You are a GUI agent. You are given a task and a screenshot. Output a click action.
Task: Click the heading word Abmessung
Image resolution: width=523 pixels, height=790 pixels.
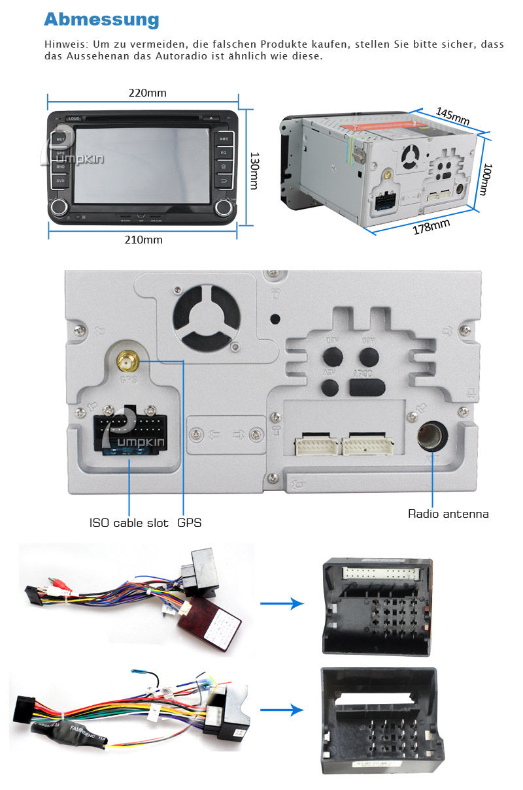pyautogui.click(x=101, y=19)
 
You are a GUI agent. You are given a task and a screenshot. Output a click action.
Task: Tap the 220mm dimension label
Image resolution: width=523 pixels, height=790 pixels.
pyautogui.click(x=147, y=93)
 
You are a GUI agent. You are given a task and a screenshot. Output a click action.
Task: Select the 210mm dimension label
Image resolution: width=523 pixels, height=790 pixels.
pyautogui.click(x=143, y=240)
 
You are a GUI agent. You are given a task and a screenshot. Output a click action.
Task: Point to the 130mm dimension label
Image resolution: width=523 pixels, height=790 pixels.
pyautogui.click(x=254, y=171)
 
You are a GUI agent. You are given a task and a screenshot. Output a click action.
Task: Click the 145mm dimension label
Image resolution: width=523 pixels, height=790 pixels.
pyautogui.click(x=452, y=117)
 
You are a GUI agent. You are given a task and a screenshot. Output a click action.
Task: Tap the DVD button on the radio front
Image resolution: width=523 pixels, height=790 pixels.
pyautogui.click(x=60, y=180)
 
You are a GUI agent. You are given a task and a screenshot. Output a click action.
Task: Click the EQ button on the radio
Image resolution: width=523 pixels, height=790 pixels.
pyautogui.click(x=224, y=152)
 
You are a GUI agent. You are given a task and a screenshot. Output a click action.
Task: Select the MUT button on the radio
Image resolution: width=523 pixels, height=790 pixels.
pyautogui.click(x=61, y=139)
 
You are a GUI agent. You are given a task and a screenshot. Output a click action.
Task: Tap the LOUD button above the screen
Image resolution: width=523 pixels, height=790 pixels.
pyautogui.click(x=74, y=118)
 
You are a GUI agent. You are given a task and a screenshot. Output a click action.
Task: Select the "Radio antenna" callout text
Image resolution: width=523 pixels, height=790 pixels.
pyautogui.click(x=448, y=514)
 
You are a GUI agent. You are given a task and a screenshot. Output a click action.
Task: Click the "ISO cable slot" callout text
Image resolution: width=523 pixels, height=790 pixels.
pyautogui.click(x=129, y=523)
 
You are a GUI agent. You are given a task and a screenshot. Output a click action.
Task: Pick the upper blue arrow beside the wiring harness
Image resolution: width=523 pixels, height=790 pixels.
pyautogui.click(x=282, y=603)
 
